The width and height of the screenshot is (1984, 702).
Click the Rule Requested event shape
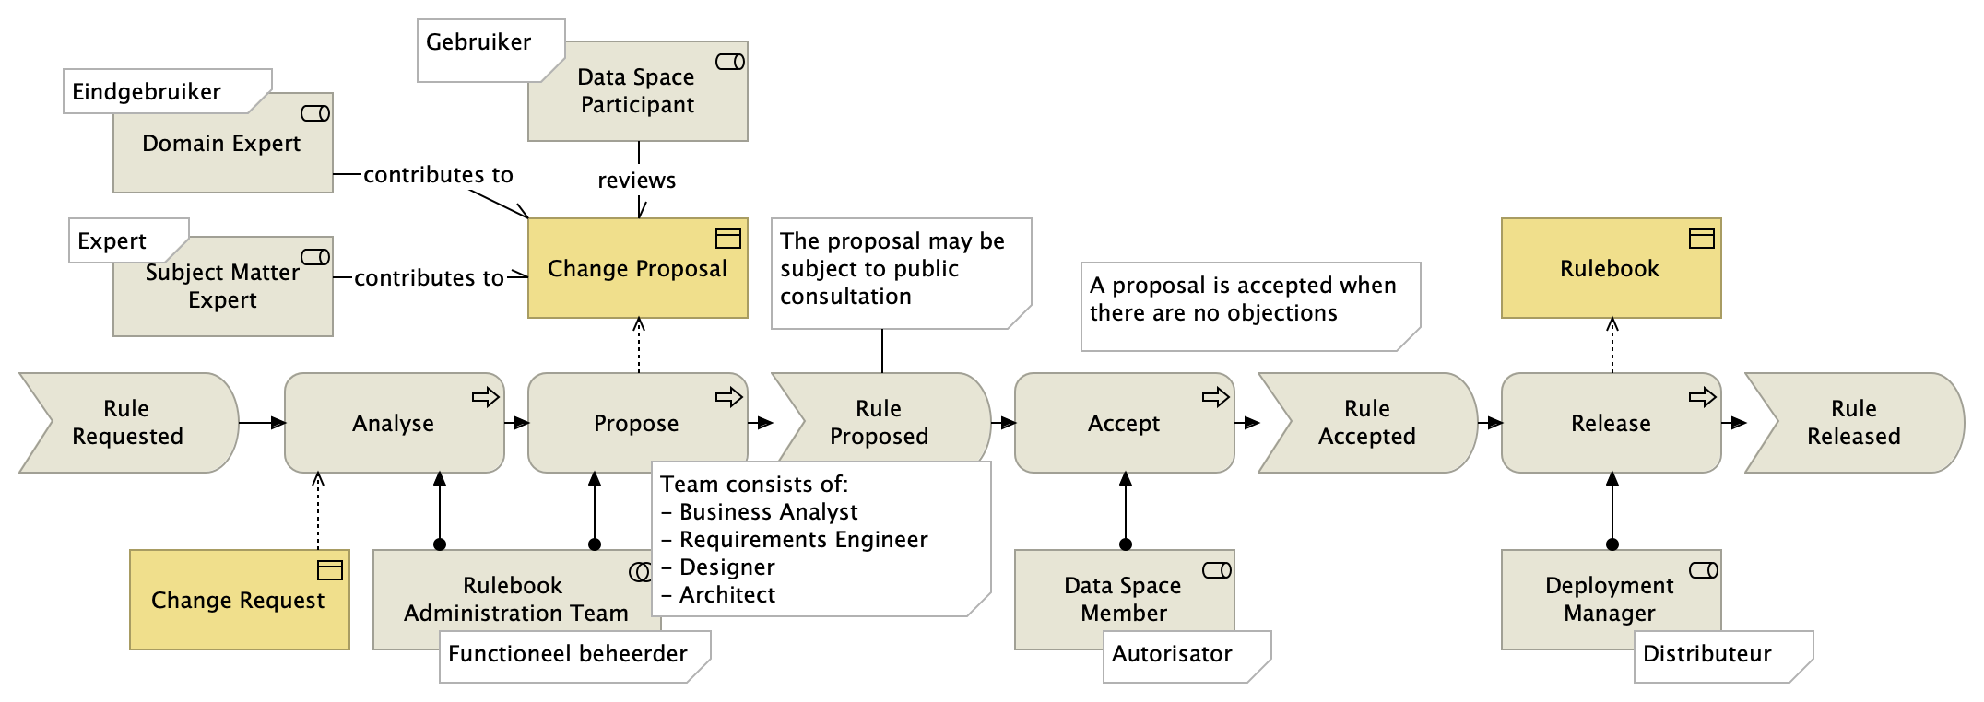127,423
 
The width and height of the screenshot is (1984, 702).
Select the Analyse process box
394,423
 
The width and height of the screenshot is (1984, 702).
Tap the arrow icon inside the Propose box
728,397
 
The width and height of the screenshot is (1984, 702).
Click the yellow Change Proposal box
637,269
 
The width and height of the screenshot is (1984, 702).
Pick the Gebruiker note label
479,43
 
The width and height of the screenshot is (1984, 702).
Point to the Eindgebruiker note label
148,92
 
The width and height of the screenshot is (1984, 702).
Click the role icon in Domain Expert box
315,113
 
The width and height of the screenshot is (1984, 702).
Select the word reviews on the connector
636,181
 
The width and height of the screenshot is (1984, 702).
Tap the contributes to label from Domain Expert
438,175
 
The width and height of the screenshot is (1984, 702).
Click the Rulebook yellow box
1610,269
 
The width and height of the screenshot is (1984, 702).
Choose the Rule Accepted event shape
1366,423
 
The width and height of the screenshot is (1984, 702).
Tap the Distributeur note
1707,654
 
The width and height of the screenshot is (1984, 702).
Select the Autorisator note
1172,654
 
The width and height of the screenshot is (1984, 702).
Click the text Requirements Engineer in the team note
803,540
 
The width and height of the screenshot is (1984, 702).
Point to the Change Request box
239,601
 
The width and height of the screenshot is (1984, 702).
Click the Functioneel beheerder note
568,654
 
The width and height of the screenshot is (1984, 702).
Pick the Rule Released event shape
1853,423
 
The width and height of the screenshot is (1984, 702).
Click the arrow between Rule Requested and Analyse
262,423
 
